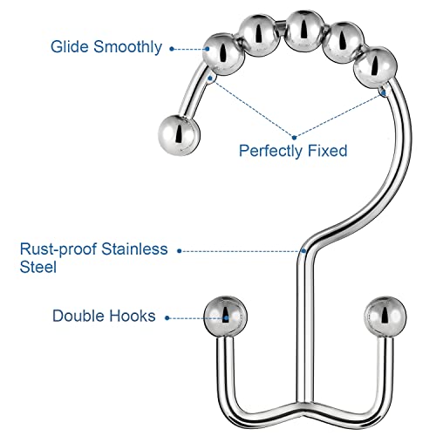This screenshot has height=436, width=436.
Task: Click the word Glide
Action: click(x=69, y=46)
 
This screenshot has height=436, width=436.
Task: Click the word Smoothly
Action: click(x=127, y=47)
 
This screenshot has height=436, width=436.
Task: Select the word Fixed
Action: click(x=328, y=150)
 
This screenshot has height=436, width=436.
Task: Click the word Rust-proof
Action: click(x=58, y=249)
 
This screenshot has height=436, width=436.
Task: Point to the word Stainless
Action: click(x=134, y=249)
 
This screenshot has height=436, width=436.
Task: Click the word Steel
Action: click(x=38, y=267)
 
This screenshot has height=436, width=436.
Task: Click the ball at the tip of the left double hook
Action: click(x=225, y=317)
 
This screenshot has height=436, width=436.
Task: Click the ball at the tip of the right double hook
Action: click(x=385, y=317)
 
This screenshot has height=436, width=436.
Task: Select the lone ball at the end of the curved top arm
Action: click(x=179, y=135)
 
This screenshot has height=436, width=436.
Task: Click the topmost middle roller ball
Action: click(x=303, y=31)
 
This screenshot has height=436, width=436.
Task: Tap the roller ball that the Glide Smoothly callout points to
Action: click(x=223, y=54)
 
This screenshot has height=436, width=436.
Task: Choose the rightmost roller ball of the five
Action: click(x=375, y=67)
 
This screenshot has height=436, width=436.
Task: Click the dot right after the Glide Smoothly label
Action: click(x=172, y=49)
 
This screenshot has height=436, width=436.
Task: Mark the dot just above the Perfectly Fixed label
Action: click(x=295, y=138)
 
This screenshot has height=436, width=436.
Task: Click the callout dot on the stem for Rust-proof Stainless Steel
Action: click(x=303, y=250)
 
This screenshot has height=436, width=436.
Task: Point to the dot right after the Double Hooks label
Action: click(x=167, y=318)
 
